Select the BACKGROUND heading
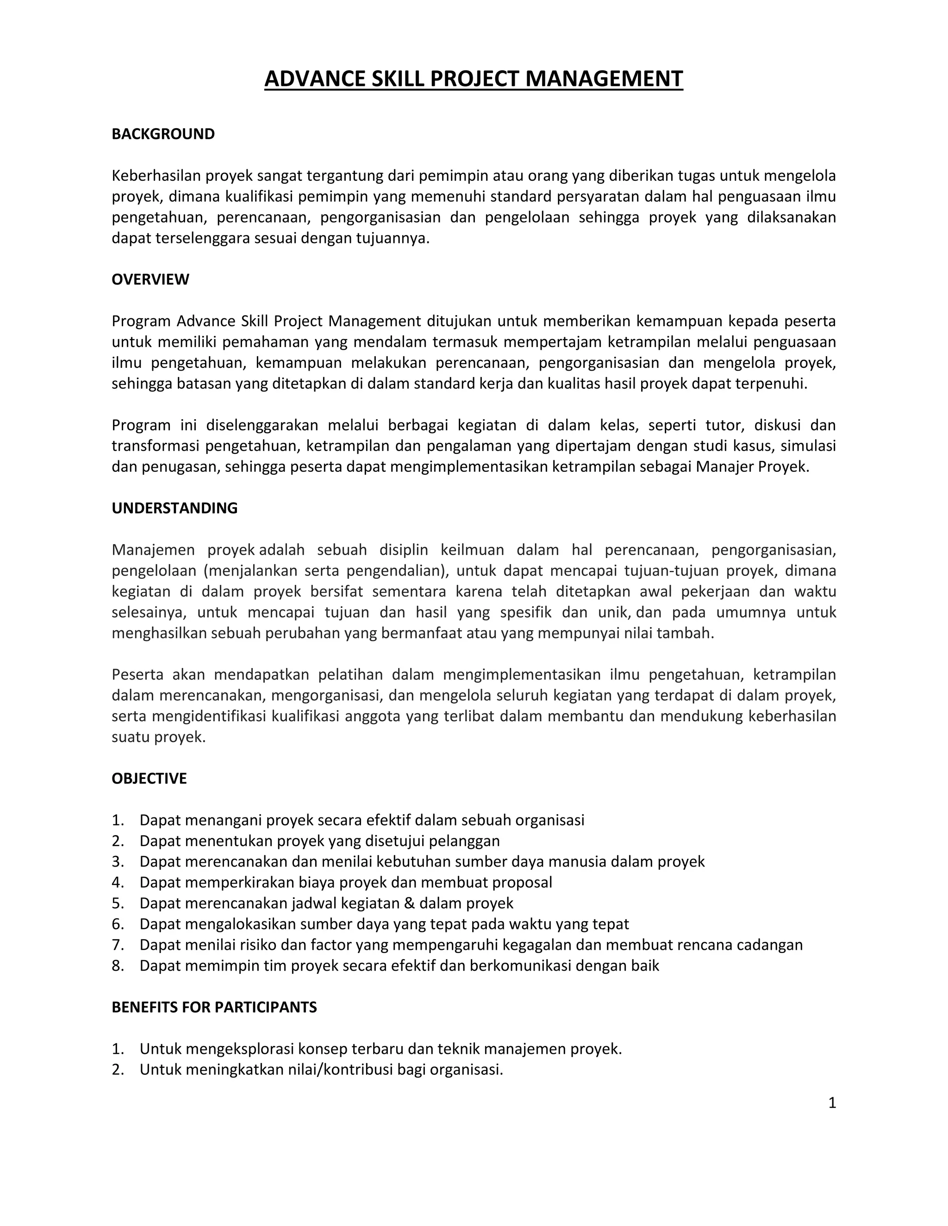[163, 134]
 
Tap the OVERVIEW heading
[150, 279]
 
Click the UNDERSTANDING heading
[174, 508]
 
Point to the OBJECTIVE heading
[149, 779]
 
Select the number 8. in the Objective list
[118, 966]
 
